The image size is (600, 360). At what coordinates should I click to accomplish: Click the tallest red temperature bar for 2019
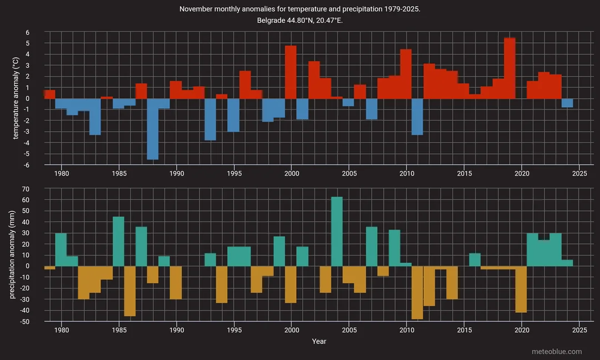click(509, 68)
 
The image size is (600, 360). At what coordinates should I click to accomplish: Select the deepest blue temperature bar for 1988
click(153, 129)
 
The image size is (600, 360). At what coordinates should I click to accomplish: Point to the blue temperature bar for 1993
click(210, 119)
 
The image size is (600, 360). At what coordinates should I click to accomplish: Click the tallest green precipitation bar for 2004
click(337, 231)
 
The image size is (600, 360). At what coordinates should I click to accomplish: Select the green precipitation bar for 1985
click(118, 241)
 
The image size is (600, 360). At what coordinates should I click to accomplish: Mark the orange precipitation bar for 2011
click(417, 292)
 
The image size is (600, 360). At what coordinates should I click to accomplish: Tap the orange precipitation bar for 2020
click(521, 289)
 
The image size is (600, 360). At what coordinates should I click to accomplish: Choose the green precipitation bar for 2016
click(475, 259)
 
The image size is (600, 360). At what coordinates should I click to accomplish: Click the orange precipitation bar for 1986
click(130, 291)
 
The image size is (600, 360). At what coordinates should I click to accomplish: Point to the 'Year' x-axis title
click(319, 341)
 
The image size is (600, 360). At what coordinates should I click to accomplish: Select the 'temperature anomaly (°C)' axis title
click(16, 99)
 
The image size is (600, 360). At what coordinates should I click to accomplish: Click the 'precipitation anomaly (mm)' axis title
click(12, 255)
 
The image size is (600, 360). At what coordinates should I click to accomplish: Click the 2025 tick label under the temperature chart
click(579, 173)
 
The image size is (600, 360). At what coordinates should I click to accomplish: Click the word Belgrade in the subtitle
click(272, 21)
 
